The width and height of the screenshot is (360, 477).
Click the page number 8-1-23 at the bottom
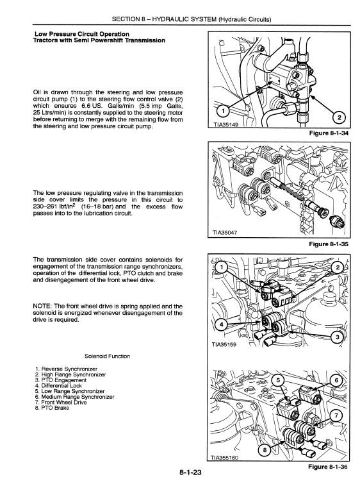tap(190, 472)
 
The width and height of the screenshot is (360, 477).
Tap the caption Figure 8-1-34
tap(329, 133)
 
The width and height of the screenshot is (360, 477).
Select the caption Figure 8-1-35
tap(329, 244)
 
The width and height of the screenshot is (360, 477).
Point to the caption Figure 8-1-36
tap(328, 467)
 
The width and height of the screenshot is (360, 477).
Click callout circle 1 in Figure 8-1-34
tap(224, 111)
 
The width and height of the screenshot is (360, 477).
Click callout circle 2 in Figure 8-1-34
tap(340, 118)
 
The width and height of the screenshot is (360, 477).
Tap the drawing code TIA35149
tap(225, 125)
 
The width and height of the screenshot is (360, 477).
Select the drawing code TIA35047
tap(225, 233)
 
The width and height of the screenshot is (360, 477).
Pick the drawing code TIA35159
tap(224, 345)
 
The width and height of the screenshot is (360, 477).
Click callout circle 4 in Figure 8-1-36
tap(222, 324)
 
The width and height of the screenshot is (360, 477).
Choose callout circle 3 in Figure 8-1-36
tap(338, 337)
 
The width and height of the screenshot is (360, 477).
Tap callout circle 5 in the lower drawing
tap(279, 381)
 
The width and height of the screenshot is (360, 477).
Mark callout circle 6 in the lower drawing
tap(336, 381)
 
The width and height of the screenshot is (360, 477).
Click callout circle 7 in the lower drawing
tap(336, 415)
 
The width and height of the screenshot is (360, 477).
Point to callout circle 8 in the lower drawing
tap(265, 451)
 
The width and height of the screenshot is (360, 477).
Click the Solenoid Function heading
tap(107, 356)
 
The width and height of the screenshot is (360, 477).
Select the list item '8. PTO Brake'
tap(52, 408)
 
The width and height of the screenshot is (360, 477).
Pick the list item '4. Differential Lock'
tap(58, 386)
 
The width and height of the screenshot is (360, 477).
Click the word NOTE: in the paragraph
tap(42, 306)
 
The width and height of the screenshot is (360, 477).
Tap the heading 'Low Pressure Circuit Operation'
tap(82, 34)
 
